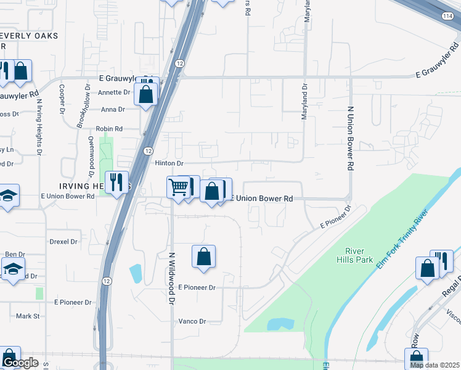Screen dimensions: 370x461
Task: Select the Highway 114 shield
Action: pos(447,17)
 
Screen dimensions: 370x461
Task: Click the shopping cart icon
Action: pos(178,186)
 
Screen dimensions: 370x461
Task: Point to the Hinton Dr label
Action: pos(169,163)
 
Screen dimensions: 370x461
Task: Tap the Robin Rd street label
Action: pos(108,129)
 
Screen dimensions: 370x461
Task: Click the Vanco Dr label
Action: pos(192,321)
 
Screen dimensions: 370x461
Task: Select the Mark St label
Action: pos(28,316)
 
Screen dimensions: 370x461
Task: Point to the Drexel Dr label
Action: pos(64,242)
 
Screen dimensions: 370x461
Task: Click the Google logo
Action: pos(20,363)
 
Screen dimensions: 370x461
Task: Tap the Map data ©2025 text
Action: pos(435,365)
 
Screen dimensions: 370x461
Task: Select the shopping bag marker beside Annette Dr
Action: pos(147,96)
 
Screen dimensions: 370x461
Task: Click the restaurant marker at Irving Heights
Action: pos(116,182)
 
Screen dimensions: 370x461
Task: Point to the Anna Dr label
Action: pos(112,109)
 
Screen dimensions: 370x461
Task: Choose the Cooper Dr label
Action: pos(62,99)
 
